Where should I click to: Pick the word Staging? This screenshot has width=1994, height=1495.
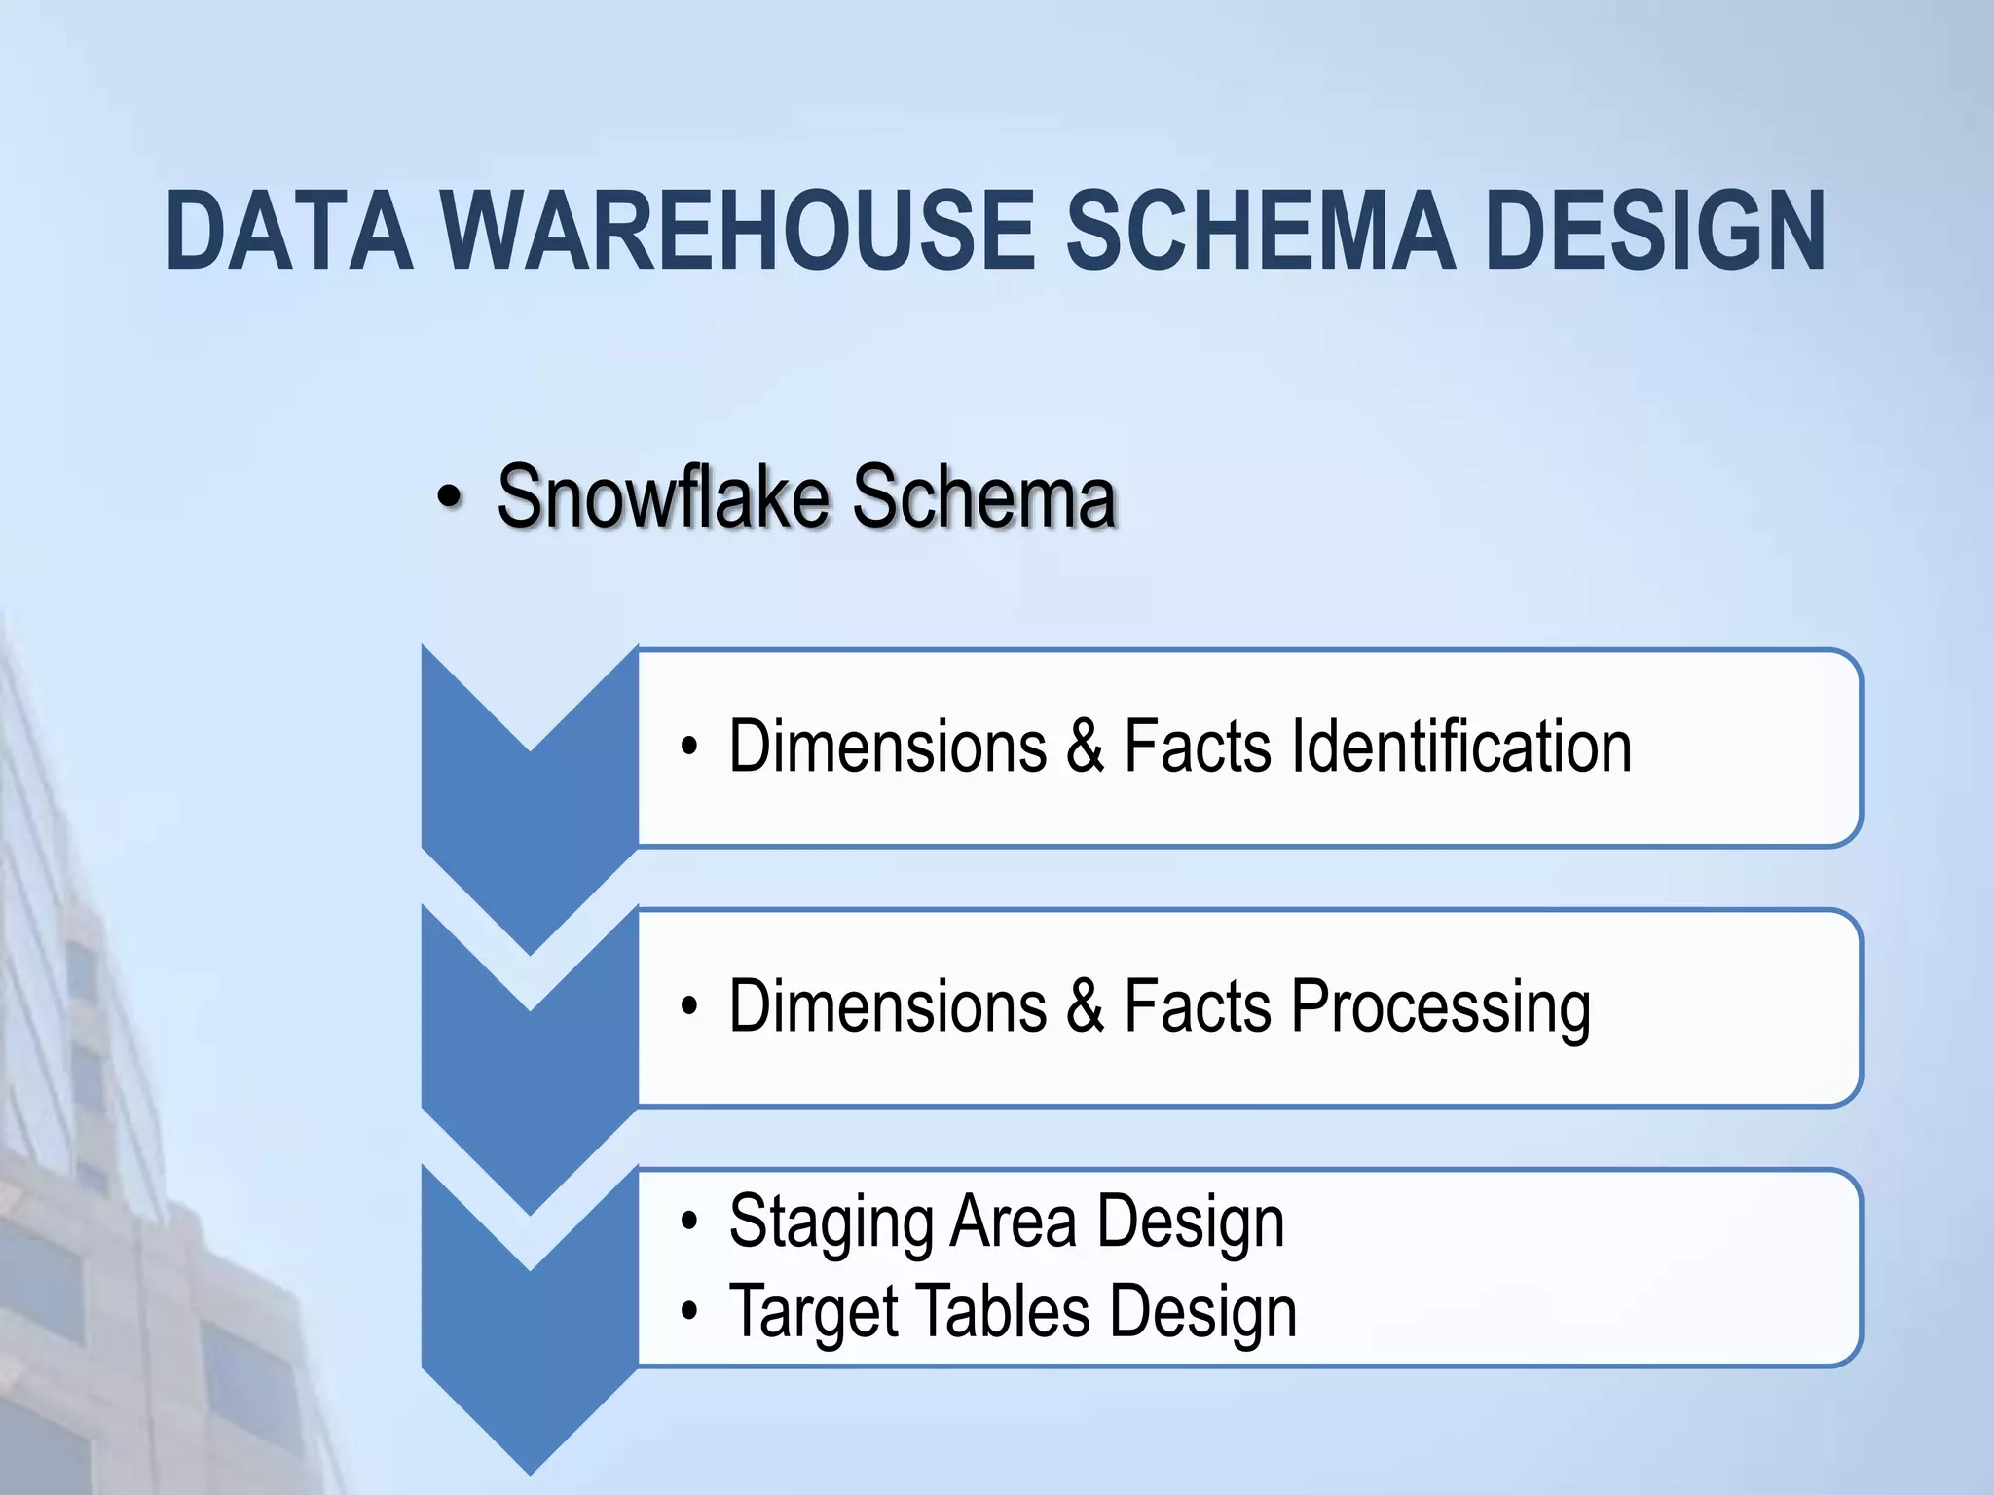coord(830,1222)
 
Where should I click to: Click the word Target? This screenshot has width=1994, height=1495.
coord(812,1311)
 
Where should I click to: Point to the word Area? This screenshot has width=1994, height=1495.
coord(1014,1221)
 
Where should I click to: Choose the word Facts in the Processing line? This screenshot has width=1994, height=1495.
coord(1198,1006)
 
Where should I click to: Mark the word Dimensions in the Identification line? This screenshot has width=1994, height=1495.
coord(888,747)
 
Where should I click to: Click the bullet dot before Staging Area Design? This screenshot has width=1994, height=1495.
coord(690,1222)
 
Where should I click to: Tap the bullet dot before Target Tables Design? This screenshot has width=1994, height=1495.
coord(690,1312)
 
